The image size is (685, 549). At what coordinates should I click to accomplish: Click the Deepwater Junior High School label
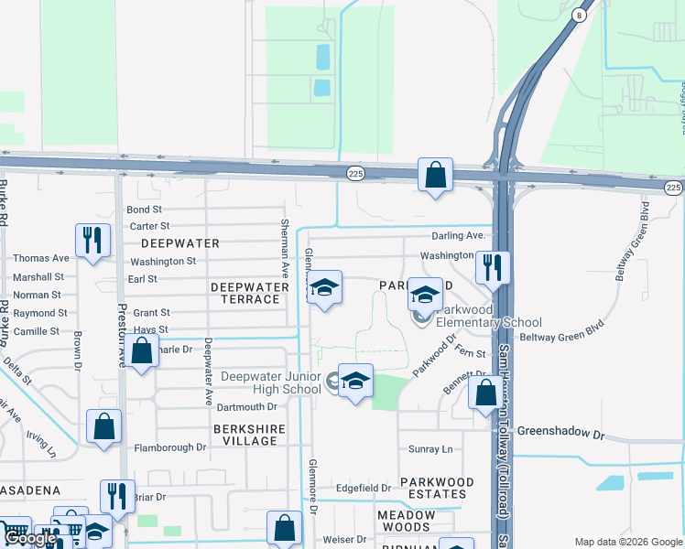[263, 382]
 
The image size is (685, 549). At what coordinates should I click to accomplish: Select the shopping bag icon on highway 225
[435, 175]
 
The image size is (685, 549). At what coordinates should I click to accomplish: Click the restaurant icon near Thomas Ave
[92, 242]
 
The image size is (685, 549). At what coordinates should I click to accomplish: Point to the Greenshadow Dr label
[561, 430]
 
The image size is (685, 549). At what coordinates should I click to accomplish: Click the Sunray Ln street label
[430, 449]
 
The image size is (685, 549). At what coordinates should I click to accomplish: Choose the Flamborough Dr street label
[170, 447]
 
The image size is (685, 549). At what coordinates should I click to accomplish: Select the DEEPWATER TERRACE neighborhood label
[245, 293]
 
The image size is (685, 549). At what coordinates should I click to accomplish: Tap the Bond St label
[144, 210]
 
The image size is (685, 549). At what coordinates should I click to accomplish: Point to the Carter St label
[150, 226]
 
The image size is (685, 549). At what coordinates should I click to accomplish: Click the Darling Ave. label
[457, 236]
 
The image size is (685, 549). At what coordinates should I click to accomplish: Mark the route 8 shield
[580, 16]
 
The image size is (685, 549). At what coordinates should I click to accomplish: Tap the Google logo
[29, 538]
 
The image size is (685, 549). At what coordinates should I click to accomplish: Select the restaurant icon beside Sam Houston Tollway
[493, 268]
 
